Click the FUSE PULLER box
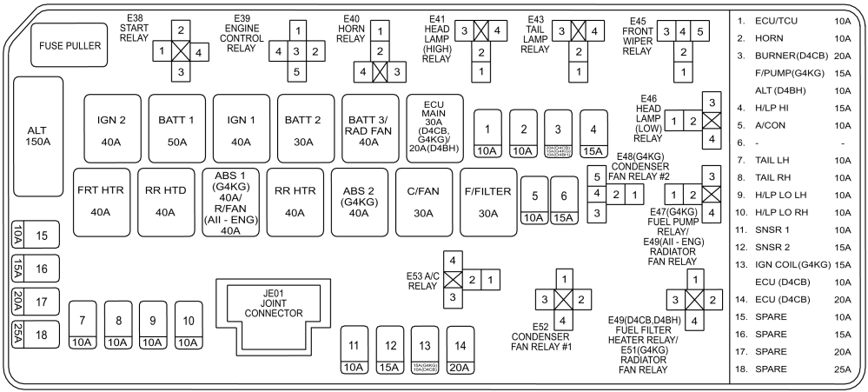pyautogui.click(x=68, y=45)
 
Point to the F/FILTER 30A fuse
pyautogui.click(x=487, y=202)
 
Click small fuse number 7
pyautogui.click(x=82, y=327)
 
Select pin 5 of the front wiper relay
pyautogui.click(x=701, y=32)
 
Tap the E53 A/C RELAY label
pyautogui.click(x=423, y=282)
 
